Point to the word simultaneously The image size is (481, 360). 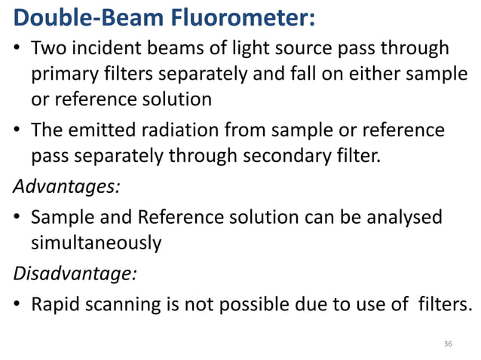pos(96,244)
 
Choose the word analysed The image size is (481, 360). pos(403,218)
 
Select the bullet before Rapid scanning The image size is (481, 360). pos(17,304)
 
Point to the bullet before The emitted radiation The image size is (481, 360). pos(17,131)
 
